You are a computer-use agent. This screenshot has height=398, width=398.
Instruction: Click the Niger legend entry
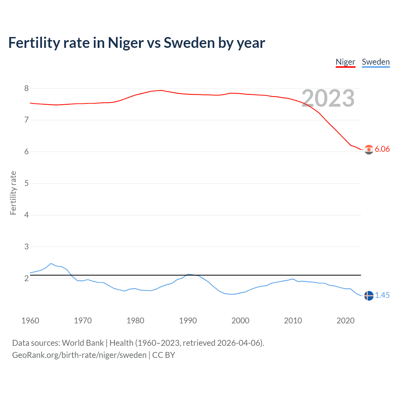(345, 62)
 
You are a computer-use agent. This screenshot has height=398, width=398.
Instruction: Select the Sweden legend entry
(376, 62)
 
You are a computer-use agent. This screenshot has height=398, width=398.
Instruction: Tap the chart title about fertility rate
(137, 43)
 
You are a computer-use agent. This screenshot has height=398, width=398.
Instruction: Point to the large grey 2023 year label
(328, 98)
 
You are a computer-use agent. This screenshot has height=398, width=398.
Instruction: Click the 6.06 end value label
(382, 149)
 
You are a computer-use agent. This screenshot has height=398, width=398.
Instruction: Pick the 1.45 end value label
(382, 295)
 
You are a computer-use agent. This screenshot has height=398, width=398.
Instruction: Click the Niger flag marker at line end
(369, 150)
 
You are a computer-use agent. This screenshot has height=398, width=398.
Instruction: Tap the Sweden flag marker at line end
(369, 296)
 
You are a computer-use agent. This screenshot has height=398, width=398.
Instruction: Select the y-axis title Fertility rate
(13, 193)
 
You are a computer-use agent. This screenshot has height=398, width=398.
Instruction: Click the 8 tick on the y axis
(26, 88)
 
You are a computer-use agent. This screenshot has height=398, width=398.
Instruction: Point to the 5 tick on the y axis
(26, 183)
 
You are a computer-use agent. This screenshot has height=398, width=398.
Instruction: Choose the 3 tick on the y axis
(26, 247)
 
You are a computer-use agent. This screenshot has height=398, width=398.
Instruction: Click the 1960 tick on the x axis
(30, 321)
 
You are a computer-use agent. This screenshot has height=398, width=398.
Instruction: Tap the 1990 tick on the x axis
(188, 321)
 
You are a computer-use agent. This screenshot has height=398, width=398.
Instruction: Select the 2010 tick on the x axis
(293, 321)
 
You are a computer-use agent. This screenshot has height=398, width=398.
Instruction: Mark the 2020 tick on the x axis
(345, 321)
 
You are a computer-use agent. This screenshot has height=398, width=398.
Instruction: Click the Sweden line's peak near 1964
(51, 263)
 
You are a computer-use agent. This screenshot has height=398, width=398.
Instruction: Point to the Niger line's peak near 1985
(161, 90)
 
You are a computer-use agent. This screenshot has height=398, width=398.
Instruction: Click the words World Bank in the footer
(83, 343)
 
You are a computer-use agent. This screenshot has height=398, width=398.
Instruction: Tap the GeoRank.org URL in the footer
(79, 355)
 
